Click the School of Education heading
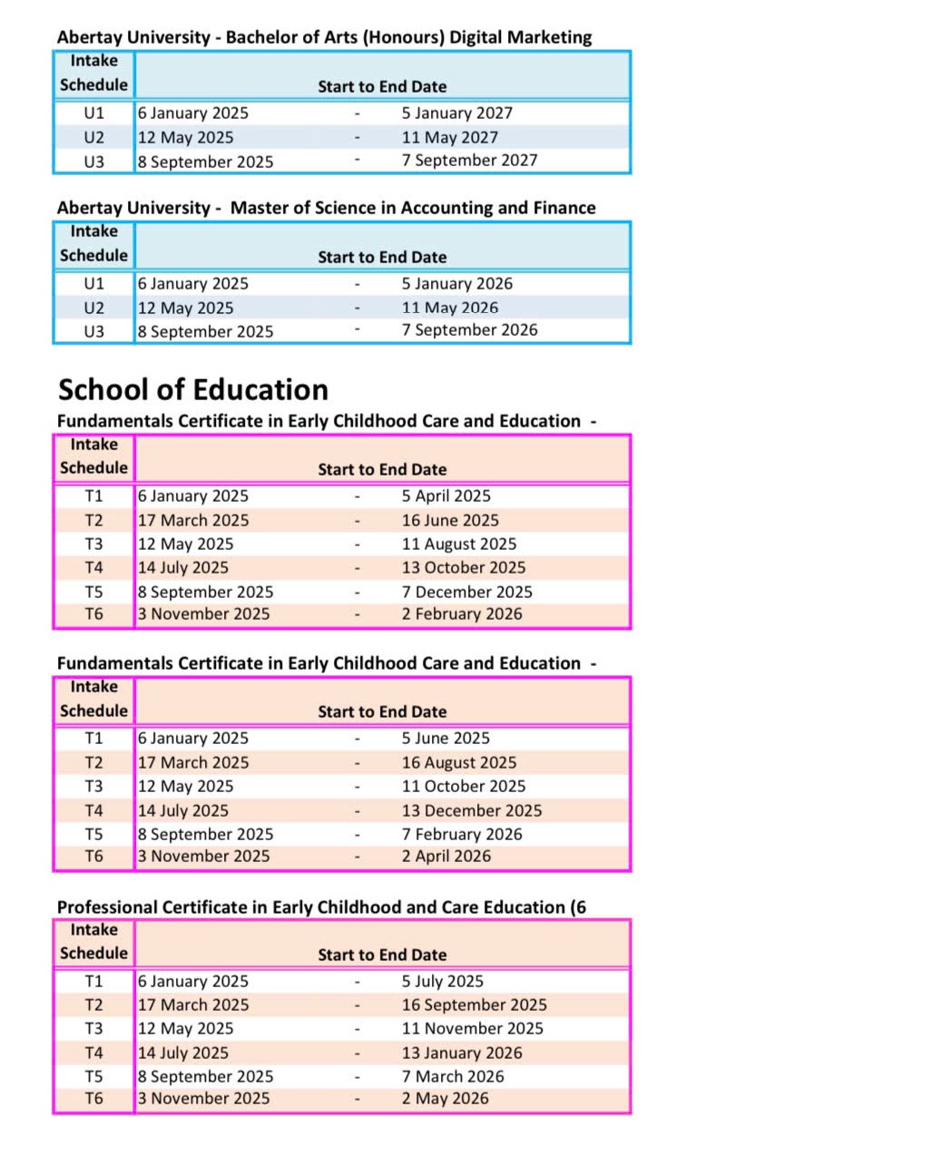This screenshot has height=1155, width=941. pos(193,390)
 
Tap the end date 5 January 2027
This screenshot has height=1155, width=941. pos(456,113)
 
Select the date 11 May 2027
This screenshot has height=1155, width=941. pos(449,138)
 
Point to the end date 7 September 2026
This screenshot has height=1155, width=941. pos(469,330)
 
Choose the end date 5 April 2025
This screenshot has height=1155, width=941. pos(446,496)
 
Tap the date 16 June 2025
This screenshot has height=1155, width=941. pos(450,521)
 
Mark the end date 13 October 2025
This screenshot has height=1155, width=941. pos(463,568)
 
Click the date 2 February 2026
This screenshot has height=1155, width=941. pos(462,614)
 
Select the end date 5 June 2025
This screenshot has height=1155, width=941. pos(446,739)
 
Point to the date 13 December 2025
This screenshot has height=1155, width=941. pos(471,811)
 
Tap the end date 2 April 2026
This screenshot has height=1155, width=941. pos(446,856)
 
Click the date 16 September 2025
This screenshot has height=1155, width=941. pos(474,1005)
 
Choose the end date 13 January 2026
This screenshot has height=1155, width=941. pos(462,1053)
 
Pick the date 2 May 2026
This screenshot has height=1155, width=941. pos(445,1099)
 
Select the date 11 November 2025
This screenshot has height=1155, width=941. pos(472,1029)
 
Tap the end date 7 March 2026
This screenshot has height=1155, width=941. pos(452,1077)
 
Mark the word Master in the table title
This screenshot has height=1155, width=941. pos(258,208)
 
